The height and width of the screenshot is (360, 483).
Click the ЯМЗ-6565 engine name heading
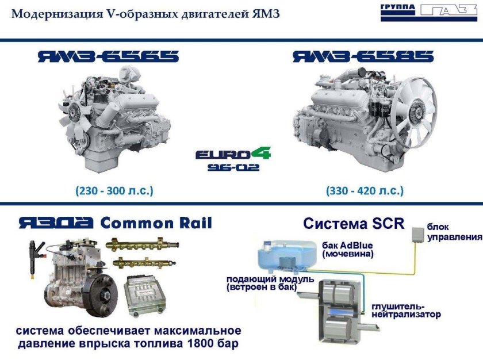click(108, 56)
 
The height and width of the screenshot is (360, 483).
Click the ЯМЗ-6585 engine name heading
click(362, 56)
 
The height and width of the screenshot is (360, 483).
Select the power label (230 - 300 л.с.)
click(114, 190)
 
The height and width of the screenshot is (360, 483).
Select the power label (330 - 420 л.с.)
click(365, 190)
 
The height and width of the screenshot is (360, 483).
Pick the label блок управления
click(454, 232)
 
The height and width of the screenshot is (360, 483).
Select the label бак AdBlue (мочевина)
click(348, 248)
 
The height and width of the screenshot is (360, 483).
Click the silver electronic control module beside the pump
click(146, 296)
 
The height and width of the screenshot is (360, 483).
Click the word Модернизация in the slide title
click(50, 13)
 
